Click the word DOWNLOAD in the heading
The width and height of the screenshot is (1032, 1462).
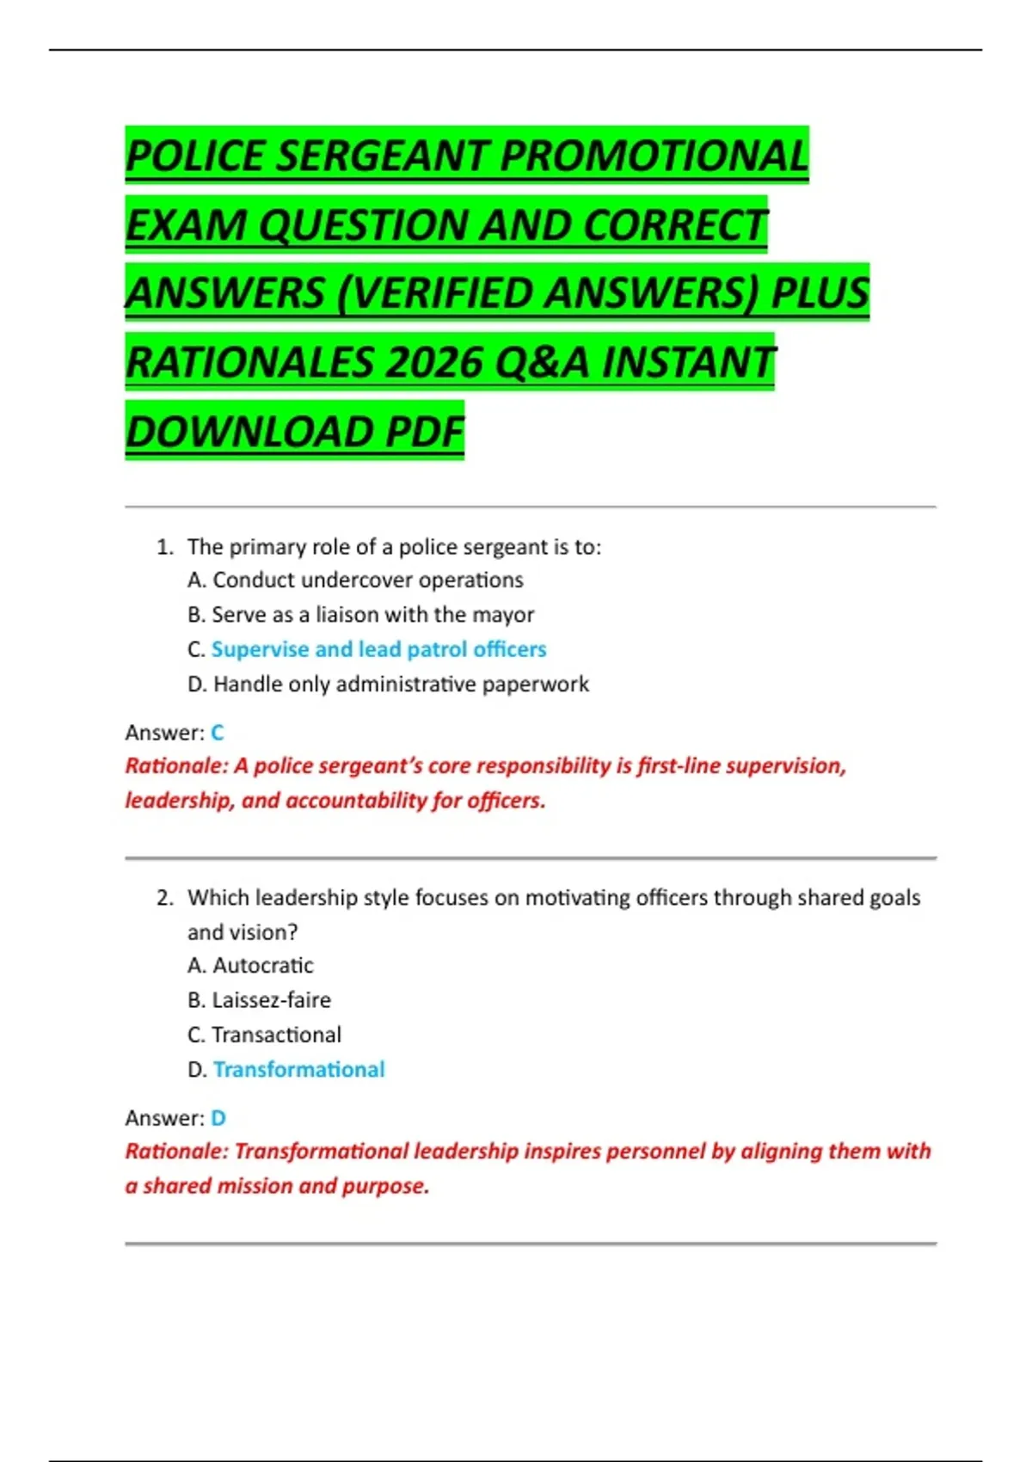coord(249,432)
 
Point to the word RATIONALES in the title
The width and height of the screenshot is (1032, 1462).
coord(249,362)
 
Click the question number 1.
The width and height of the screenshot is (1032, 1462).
coord(164,547)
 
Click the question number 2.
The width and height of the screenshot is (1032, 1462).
coord(164,898)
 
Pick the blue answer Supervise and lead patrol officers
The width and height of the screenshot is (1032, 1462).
coord(378,649)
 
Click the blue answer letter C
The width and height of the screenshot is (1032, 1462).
coord(217,733)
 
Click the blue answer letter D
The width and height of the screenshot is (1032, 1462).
coord(218,1118)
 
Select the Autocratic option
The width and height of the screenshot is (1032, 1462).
coord(262,966)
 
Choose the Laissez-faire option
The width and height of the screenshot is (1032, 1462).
coord(271,1000)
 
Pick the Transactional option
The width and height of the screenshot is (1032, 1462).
coord(276,1035)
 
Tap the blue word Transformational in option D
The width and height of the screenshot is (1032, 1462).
coord(298,1070)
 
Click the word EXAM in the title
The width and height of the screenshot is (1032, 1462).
coord(186,225)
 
